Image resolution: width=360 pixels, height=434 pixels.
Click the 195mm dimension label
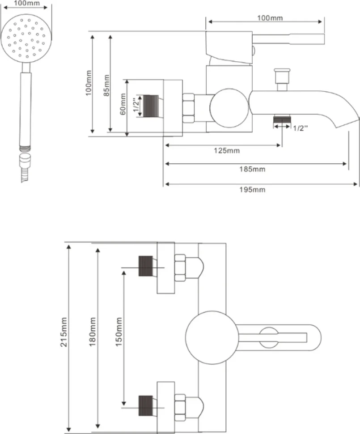click(x=252, y=190)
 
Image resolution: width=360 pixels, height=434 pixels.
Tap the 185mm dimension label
click(x=252, y=169)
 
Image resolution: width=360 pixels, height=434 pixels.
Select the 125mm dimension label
click(x=227, y=151)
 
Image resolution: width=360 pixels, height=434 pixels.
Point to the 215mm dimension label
click(x=64, y=332)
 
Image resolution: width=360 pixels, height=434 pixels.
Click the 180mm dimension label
click(x=92, y=332)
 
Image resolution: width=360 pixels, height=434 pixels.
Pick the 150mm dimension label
click(x=119, y=332)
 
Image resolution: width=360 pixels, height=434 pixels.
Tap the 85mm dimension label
click(x=106, y=85)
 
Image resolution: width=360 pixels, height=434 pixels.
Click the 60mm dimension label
click(x=123, y=104)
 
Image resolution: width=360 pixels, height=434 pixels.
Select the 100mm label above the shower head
click(x=27, y=3)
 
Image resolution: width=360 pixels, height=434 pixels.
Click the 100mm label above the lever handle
click(x=270, y=18)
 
